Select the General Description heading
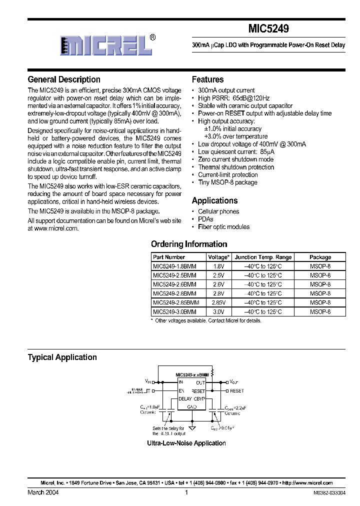64,79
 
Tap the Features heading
207,79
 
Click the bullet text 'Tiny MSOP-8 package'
227,182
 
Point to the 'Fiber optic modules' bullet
223,226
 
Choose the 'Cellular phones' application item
218,211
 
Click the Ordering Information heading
189,244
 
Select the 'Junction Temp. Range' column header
263,257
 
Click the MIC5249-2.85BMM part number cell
176,302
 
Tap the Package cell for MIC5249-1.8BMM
320,266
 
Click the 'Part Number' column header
169,257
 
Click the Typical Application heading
62,357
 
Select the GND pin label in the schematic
192,407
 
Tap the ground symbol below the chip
192,427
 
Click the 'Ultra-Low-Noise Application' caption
186,443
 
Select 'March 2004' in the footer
43,492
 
